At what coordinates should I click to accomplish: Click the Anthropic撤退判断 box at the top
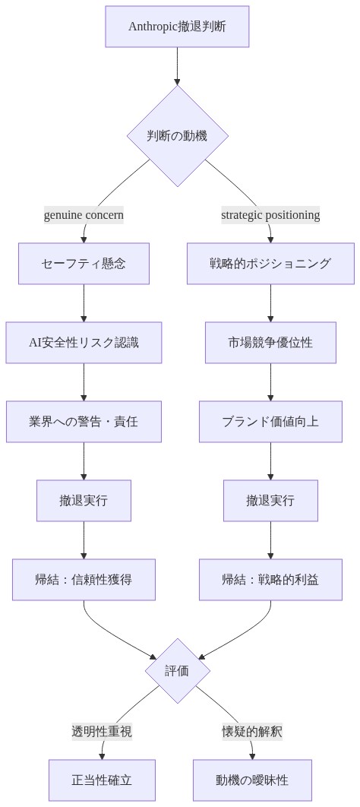[x=177, y=27]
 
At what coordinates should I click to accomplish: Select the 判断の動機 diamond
[x=177, y=136]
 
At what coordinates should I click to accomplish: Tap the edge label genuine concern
[x=84, y=215]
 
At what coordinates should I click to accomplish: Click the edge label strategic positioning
[x=270, y=215]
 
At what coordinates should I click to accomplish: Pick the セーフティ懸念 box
[x=84, y=264]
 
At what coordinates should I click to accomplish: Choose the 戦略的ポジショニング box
[x=270, y=264]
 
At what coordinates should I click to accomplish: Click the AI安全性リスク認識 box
[x=84, y=343]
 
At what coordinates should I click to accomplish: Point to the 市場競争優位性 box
[x=270, y=343]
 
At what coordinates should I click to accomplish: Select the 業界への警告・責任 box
[x=84, y=422]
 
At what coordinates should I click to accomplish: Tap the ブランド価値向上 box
[x=270, y=422]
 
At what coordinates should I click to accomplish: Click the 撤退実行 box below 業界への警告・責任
[x=84, y=501]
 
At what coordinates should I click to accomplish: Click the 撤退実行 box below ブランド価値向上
[x=270, y=501]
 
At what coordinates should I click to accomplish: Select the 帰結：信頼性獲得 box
[x=84, y=580]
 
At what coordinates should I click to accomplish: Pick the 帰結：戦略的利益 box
[x=270, y=580]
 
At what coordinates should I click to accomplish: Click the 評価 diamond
[x=177, y=671]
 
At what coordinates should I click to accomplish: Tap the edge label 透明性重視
[x=102, y=732]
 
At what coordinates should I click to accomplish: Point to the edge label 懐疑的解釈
[x=252, y=732]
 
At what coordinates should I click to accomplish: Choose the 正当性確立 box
[x=102, y=780]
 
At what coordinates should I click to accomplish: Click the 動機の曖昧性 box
[x=252, y=780]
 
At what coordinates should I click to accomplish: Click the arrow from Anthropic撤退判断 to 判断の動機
[x=177, y=65]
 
